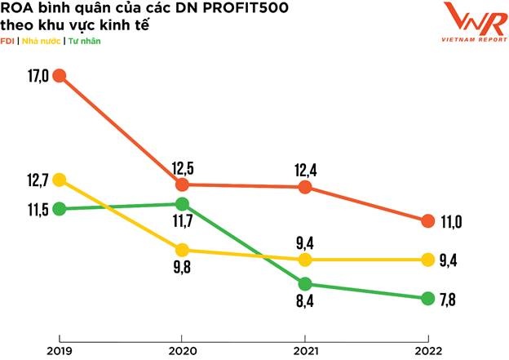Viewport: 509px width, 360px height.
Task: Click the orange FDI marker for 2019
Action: [x=59, y=76]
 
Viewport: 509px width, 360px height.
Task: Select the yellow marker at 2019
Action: [x=59, y=180]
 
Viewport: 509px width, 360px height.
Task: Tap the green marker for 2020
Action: [x=182, y=204]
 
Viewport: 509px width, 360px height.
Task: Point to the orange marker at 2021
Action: [x=305, y=187]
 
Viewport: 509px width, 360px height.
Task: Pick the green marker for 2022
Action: [x=427, y=299]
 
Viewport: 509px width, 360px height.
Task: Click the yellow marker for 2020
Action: [x=182, y=250]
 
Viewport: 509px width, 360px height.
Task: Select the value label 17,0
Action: [x=34, y=76]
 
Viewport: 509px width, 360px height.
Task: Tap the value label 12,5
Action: [x=184, y=169]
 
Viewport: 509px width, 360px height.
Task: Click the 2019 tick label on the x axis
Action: [x=59, y=351]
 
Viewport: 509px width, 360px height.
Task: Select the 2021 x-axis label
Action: [x=305, y=351]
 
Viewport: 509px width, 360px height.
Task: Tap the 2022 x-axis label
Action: [x=427, y=351]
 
